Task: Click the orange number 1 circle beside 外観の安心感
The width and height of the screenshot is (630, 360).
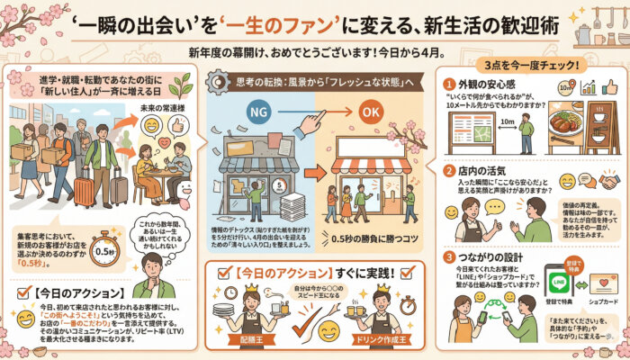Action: pyautogui.click(x=448, y=85)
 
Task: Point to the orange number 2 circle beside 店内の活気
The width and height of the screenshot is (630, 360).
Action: pyautogui.click(x=447, y=170)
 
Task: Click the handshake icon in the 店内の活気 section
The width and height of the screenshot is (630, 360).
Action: pyautogui.click(x=608, y=181)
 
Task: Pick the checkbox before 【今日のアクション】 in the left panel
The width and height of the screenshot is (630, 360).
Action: pyautogui.click(x=22, y=293)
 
